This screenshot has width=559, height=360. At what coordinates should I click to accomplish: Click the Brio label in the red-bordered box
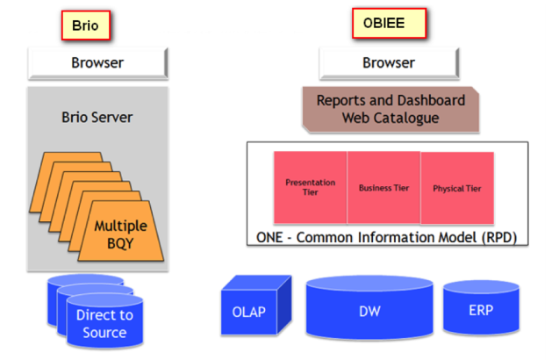(x=85, y=26)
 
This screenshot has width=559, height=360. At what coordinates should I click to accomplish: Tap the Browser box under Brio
(x=97, y=63)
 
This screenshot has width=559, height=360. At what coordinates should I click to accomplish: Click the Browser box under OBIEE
(x=388, y=63)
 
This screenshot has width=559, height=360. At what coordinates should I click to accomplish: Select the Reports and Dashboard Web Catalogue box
(x=389, y=109)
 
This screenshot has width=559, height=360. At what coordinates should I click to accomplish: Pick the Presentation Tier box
(x=310, y=187)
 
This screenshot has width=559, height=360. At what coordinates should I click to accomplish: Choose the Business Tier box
(x=383, y=187)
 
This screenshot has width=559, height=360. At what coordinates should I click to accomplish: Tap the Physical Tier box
(x=456, y=187)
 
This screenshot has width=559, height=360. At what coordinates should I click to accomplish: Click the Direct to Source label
(x=104, y=323)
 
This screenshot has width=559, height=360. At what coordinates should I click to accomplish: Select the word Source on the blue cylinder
(x=104, y=333)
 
